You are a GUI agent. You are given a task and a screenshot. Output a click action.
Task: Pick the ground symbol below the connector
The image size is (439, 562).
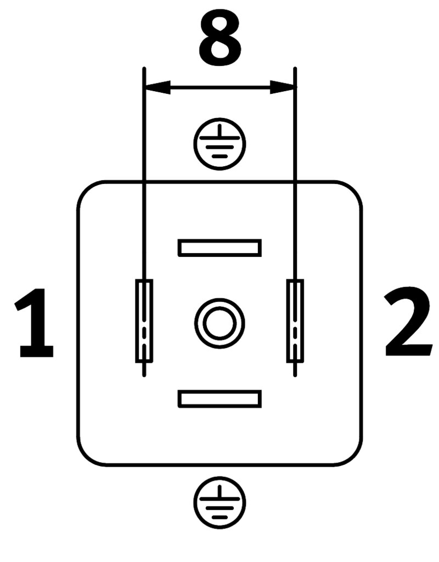point(219,502)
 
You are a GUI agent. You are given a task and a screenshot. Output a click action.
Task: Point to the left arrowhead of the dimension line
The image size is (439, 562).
point(157,87)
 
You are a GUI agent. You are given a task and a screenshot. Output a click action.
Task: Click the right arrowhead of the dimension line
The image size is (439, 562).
point(283,87)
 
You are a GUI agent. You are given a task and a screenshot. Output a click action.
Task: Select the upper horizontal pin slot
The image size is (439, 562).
point(219,248)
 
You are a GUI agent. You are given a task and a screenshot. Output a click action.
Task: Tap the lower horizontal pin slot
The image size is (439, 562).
point(219,398)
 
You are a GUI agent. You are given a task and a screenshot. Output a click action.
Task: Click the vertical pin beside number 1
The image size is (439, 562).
point(144,321)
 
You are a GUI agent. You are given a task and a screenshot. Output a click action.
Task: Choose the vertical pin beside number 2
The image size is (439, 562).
point(295,321)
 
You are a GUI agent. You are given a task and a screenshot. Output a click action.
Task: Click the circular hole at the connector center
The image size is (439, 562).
point(219,323)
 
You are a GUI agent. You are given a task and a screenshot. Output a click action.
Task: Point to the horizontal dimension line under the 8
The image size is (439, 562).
point(219,87)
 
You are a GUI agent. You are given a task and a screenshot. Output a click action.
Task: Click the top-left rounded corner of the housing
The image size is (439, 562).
point(85,189)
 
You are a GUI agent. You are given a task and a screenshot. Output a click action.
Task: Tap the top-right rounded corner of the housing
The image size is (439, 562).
point(354,189)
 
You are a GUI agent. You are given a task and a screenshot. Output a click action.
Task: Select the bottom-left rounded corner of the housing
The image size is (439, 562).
point(85,458)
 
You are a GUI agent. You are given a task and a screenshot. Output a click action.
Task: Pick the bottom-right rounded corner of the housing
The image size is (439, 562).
point(354,458)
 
